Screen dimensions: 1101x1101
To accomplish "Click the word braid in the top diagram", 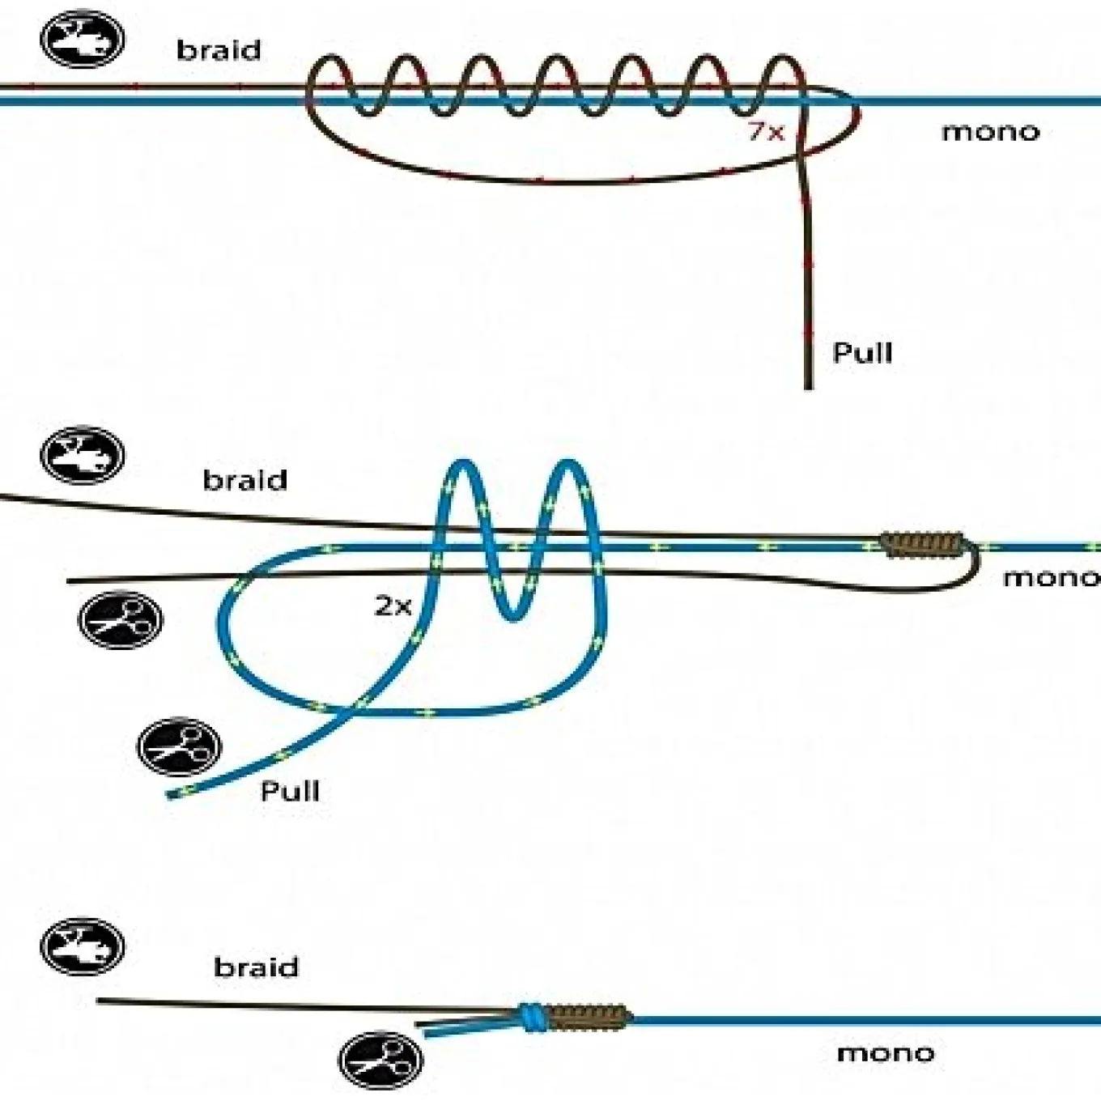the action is point(219,50).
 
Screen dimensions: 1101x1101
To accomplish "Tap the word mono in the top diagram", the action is point(990,133).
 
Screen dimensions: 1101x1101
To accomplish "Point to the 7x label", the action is point(767,133).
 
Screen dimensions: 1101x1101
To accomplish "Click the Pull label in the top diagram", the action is point(862,352).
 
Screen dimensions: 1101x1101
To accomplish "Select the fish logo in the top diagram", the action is point(83,39).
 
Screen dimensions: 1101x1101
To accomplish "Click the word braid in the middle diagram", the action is point(245,480).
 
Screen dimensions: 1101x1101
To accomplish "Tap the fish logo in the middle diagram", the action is point(83,455).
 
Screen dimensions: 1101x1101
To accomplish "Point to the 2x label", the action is point(393,606).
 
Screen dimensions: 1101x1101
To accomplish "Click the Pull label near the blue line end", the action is point(290,791).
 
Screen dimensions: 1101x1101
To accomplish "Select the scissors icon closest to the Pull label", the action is point(180,747).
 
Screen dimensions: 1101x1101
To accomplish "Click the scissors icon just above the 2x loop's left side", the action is point(120,620).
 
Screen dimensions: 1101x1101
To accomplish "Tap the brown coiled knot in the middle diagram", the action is point(921,545).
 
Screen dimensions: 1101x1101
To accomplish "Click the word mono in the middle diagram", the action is point(1052,578).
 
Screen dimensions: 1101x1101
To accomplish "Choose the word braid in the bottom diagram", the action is point(256,967).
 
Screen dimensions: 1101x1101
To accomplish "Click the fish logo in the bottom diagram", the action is point(83,946).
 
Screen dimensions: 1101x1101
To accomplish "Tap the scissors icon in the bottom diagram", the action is point(381,1060).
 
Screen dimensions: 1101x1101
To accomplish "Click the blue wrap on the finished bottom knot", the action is point(533,1018).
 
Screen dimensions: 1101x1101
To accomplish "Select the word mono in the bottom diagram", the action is point(886,1053).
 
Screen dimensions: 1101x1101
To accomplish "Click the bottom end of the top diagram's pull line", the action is point(808,389).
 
